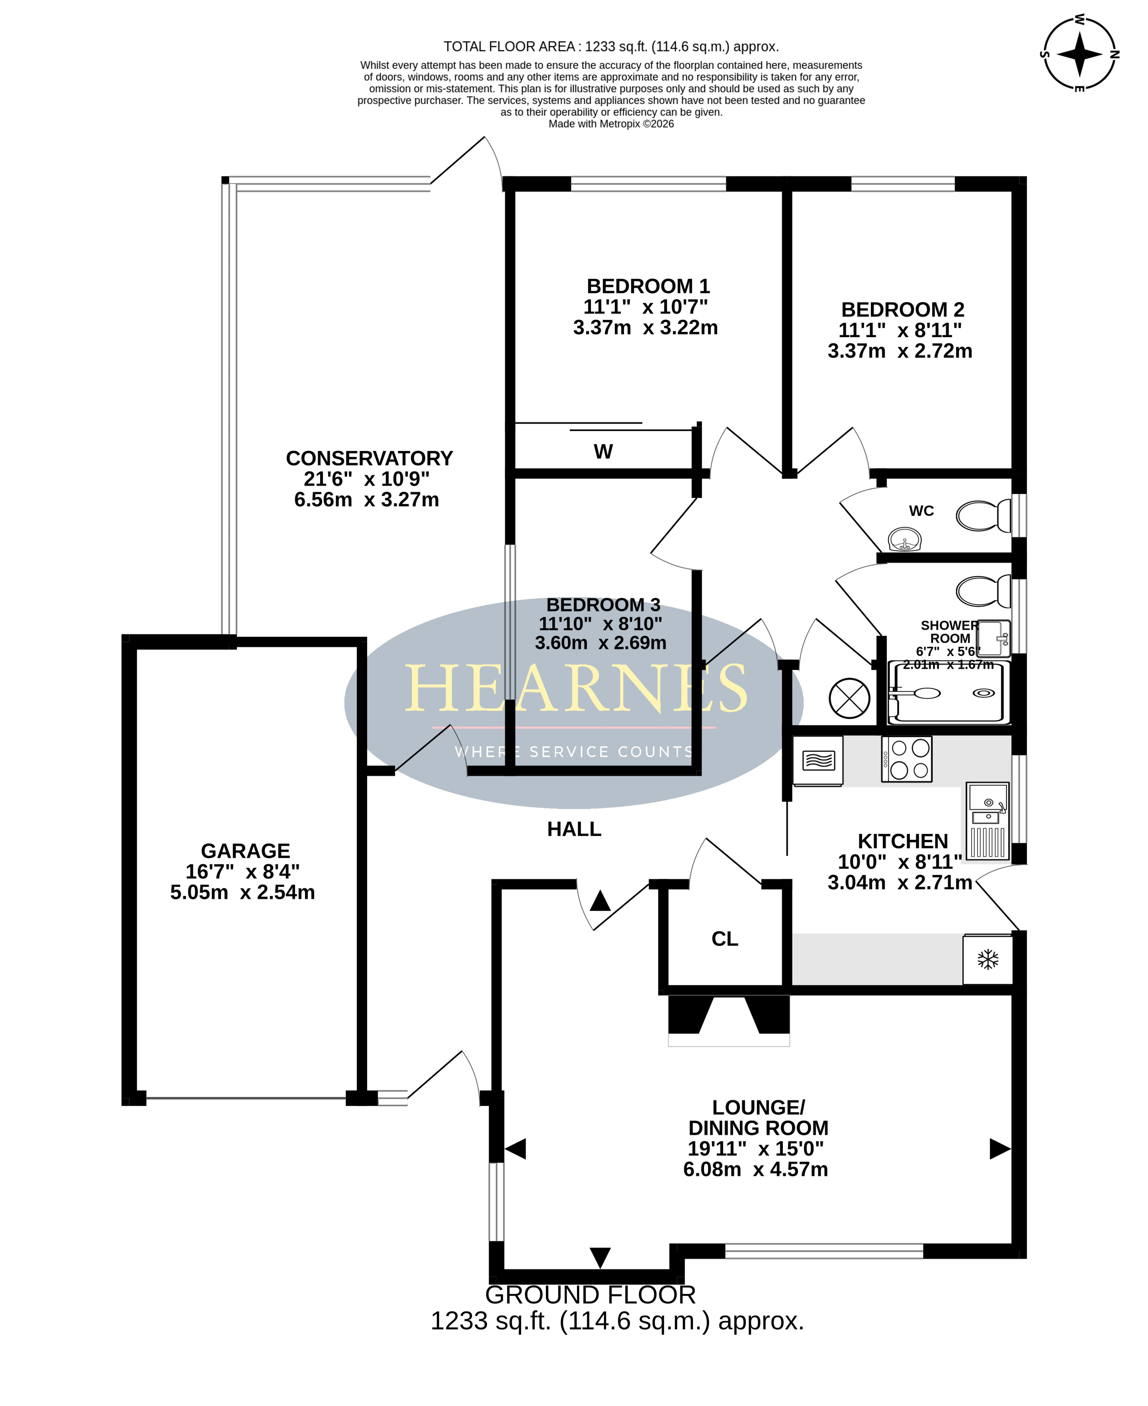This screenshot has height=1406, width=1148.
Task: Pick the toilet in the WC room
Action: point(983,516)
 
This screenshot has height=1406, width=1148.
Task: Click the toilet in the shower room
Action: point(983,591)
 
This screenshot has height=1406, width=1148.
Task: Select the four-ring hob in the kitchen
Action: point(907,760)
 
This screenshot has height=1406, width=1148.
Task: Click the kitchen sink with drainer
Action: point(988,821)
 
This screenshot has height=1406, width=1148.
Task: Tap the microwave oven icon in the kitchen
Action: point(818,761)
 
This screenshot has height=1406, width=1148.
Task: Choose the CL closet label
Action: point(725,939)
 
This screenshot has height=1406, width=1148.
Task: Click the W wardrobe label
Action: point(603,451)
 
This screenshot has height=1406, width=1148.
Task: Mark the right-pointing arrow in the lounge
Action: point(1000,1149)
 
